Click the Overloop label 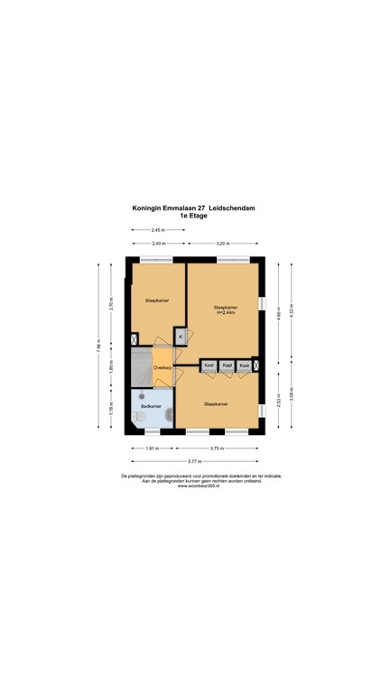[162, 368]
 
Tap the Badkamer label [150, 407]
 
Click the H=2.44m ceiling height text [226, 313]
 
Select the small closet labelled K [181, 337]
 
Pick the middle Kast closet [227, 365]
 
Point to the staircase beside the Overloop [140, 367]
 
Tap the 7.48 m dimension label [101, 346]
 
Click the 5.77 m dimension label [195, 460]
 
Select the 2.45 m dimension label [158, 231]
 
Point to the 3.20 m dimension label [222, 244]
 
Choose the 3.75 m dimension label [217, 448]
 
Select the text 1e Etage [195, 217]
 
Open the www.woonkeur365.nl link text [195, 485]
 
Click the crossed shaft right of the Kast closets [256, 365]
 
